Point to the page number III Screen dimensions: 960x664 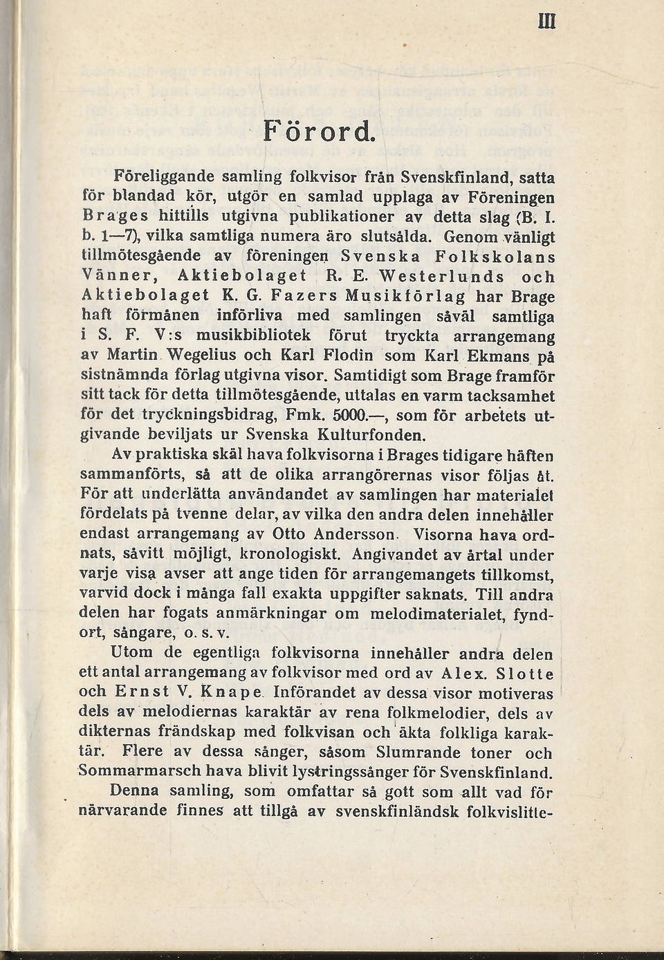coord(546,21)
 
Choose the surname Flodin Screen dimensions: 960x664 coord(346,356)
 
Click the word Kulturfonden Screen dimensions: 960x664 coord(389,436)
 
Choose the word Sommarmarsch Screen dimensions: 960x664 coord(131,772)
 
